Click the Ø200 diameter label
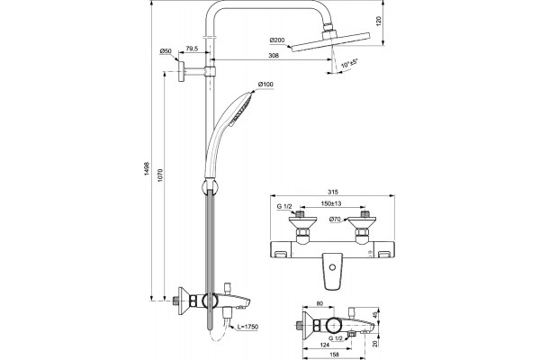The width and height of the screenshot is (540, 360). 277,40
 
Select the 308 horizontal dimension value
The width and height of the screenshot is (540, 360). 274,55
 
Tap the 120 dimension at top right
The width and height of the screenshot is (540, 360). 379,22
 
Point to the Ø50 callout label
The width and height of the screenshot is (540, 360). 166,51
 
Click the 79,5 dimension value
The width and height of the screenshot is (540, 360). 192,49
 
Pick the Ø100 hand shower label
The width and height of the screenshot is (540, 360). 265,84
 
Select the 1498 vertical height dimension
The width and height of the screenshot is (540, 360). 147,169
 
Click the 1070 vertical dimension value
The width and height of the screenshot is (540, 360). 160,175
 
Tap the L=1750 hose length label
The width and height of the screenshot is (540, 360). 247,327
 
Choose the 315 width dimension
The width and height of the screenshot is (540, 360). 334,192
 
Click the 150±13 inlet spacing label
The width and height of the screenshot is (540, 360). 331,203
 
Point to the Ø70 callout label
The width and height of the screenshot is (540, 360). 335,219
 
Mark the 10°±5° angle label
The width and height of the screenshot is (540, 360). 349,63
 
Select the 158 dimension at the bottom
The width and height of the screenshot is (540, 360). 334,354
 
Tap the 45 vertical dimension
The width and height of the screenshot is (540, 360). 375,314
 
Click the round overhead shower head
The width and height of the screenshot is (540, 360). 331,41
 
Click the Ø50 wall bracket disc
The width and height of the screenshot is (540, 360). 181,71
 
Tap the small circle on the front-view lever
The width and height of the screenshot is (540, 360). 332,267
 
